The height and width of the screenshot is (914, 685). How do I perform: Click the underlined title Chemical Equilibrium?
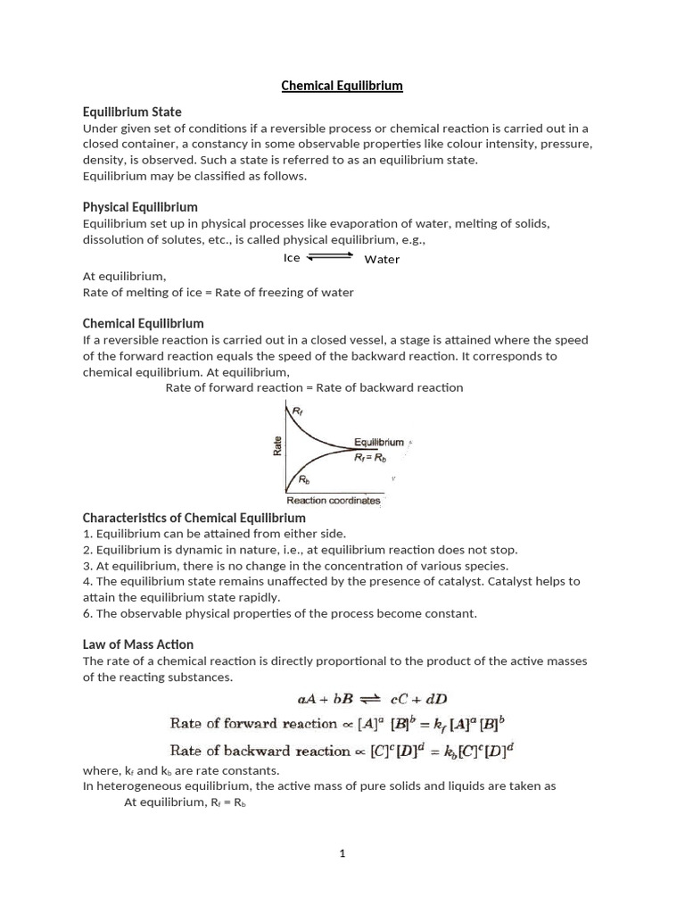coord(342,86)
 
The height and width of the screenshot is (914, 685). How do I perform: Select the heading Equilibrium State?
coord(132,112)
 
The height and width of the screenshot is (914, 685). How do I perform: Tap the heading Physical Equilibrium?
coord(140,207)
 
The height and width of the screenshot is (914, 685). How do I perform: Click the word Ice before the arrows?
coord(292,258)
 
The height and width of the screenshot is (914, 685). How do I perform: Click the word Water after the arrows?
coord(382,259)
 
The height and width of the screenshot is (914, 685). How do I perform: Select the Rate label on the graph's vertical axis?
coord(277,445)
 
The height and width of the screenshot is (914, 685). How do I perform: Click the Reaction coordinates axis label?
coord(333,501)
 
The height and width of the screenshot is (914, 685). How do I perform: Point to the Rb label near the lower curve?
coord(303,479)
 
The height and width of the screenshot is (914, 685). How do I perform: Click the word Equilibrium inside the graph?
coord(378,442)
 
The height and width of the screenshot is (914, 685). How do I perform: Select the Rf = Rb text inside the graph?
coord(370,456)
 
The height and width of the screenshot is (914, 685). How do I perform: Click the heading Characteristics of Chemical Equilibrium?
coord(194,518)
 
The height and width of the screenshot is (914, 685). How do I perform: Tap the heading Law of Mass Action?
coord(137,644)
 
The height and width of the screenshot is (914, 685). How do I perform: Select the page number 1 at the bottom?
coord(342,854)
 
